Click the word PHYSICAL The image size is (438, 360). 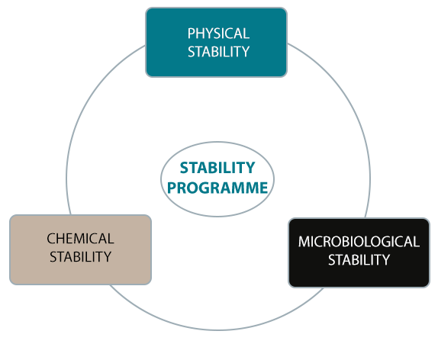218,34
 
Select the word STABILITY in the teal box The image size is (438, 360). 218,52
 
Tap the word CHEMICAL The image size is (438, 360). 80,239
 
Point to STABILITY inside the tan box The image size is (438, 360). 80,257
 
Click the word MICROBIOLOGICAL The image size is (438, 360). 359,242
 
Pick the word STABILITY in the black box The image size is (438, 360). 359,260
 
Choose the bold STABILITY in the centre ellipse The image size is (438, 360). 217,168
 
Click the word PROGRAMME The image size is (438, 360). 217,188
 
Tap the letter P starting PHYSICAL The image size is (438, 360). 192,34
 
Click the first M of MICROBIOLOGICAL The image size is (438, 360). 304,242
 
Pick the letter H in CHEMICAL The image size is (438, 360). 61,239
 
